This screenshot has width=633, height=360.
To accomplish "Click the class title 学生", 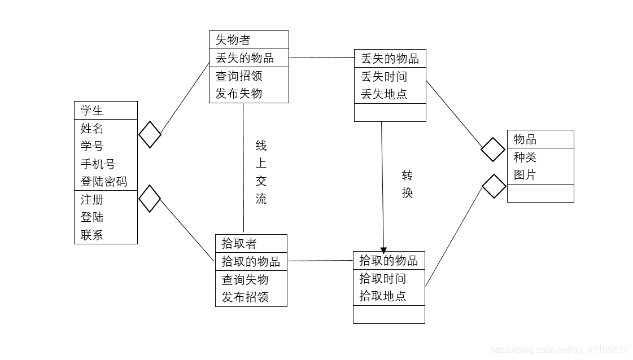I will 92,111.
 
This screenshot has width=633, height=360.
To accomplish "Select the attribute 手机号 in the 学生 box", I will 98,164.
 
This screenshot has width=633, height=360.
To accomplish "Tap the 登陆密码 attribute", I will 104,181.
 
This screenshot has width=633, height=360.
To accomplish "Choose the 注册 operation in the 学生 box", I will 92,199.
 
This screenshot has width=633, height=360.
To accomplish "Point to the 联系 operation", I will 92,235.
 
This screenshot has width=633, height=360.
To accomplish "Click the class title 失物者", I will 233,40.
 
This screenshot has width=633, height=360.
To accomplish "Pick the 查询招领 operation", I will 239,76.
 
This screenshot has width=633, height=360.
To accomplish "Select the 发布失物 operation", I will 239,93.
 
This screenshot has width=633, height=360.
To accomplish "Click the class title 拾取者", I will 239,243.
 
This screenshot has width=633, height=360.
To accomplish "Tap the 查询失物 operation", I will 245,279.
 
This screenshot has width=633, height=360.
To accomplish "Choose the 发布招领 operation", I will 245,297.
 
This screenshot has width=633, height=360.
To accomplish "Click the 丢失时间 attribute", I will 384,76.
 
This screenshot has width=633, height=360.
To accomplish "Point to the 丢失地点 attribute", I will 384,94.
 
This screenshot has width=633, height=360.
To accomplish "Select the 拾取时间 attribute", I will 382,278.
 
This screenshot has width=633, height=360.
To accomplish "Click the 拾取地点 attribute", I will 382,296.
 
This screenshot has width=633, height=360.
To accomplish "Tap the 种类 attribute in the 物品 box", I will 525,157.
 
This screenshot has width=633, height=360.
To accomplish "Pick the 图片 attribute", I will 525,175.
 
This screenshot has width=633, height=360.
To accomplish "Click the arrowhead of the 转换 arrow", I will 384,249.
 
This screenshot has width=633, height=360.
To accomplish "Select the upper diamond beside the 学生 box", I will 150,134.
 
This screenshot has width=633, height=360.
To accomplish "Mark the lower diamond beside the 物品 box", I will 494,186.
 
